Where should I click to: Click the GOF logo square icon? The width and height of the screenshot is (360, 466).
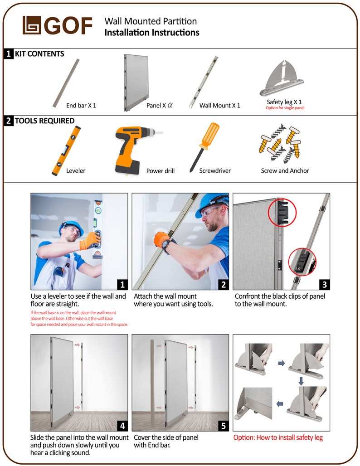(32, 25)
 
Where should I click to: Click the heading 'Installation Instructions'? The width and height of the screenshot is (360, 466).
(151, 33)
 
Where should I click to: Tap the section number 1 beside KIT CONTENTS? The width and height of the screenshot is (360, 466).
(9, 54)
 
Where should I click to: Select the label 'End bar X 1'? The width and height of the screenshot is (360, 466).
(81, 105)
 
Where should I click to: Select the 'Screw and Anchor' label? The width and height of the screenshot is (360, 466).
(285, 171)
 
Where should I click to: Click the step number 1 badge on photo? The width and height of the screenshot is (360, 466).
(121, 284)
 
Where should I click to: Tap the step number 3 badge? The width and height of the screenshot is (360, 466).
(324, 284)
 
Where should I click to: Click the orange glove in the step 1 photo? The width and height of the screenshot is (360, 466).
(90, 241)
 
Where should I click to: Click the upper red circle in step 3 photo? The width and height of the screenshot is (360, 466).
(282, 212)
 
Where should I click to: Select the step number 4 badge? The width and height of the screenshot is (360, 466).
(122, 425)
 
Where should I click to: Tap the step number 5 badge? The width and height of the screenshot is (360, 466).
(223, 425)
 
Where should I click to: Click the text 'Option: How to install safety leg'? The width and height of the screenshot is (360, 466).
(278, 437)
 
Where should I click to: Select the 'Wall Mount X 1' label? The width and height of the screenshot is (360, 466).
(220, 105)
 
